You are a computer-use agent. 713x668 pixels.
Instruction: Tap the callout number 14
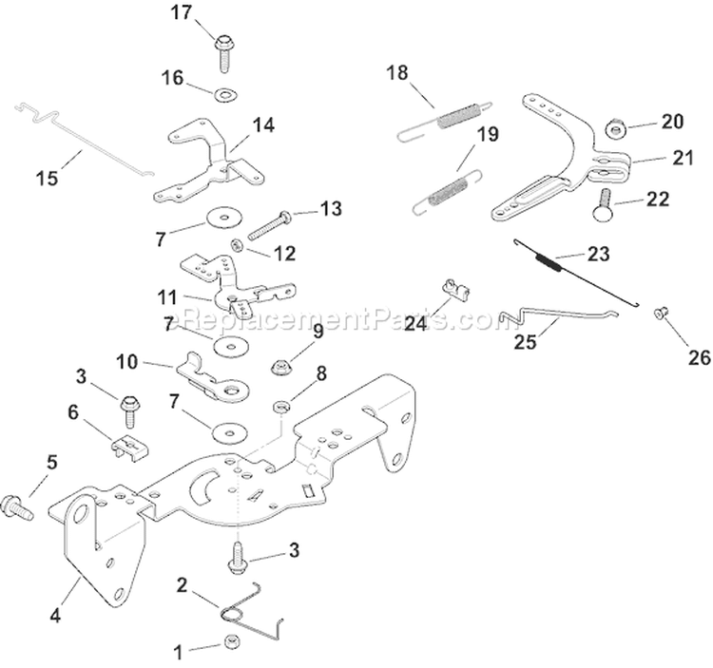click(x=262, y=124)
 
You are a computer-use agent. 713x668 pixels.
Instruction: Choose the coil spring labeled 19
click(x=449, y=186)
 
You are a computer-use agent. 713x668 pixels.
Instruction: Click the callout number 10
click(x=127, y=362)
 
